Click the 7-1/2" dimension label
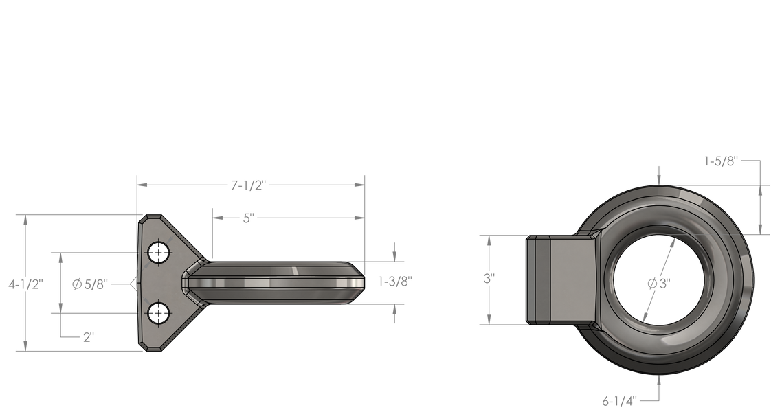pyautogui.click(x=248, y=185)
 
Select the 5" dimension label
pyautogui.click(x=248, y=218)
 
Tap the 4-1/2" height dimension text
pyautogui.click(x=26, y=284)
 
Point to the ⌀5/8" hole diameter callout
pyautogui.click(x=89, y=284)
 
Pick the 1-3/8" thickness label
pyautogui.click(x=395, y=282)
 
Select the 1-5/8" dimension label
pyautogui.click(x=722, y=161)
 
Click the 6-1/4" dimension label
pyautogui.click(x=620, y=401)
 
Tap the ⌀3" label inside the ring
pyautogui.click(x=660, y=284)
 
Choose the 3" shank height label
pyautogui.click(x=489, y=279)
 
